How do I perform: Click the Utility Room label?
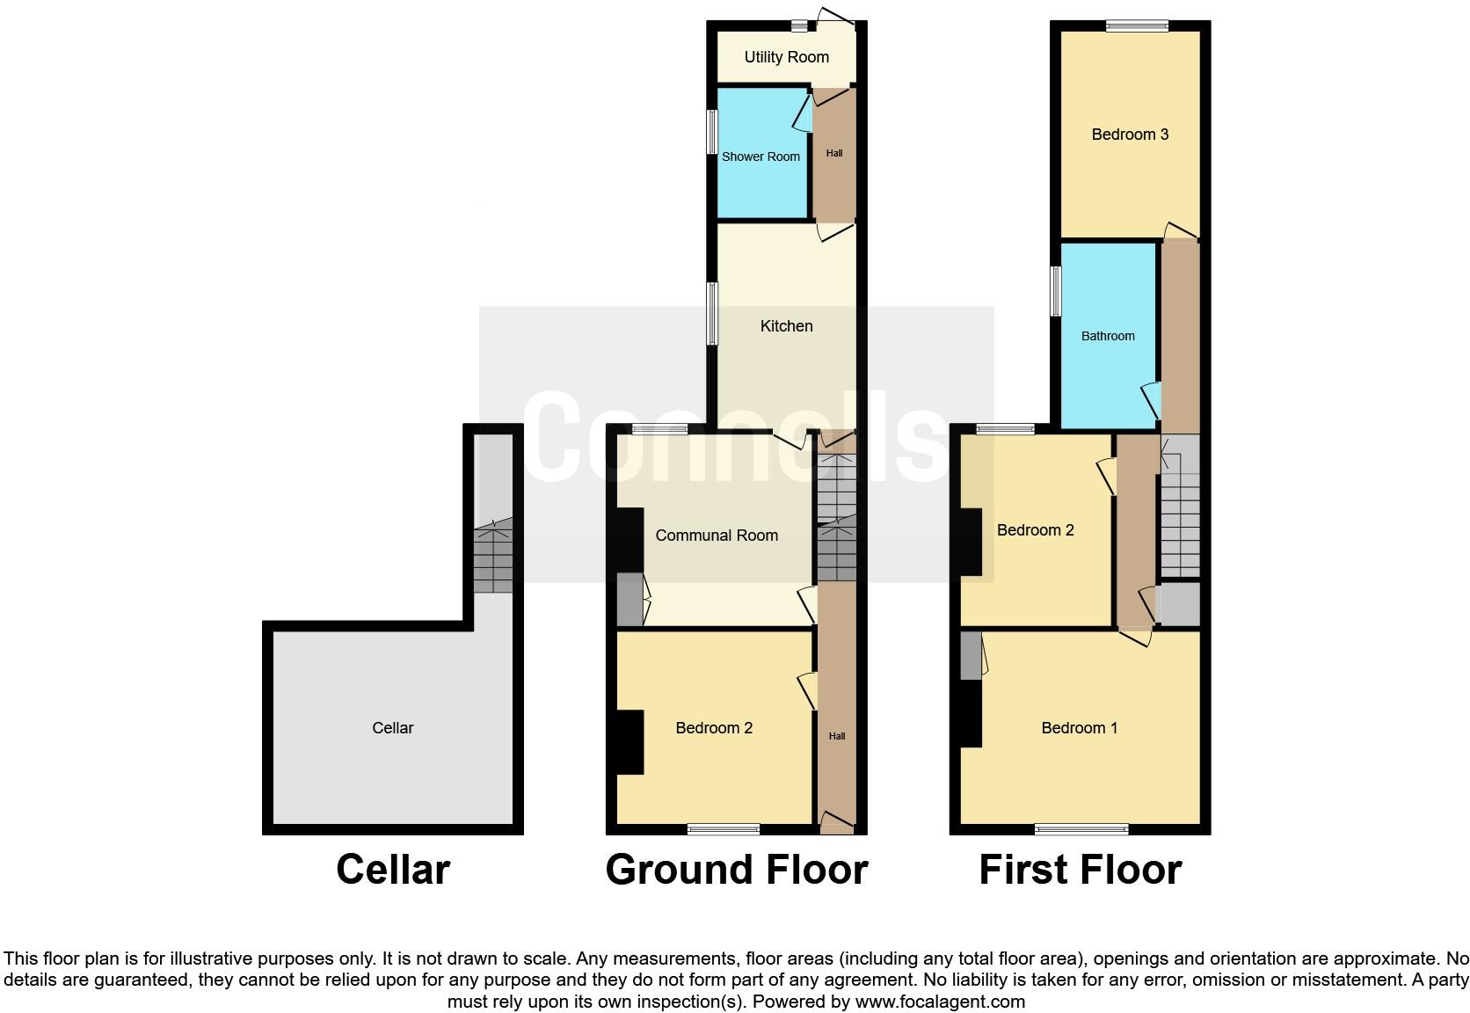click(x=786, y=57)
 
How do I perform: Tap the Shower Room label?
click(x=760, y=157)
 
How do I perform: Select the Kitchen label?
click(x=786, y=326)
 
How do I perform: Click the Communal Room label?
click(x=717, y=536)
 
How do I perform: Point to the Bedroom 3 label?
click(x=1130, y=135)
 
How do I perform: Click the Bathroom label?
click(x=1108, y=336)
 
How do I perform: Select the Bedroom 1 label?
click(x=1079, y=728)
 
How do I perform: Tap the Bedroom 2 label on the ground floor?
click(x=714, y=728)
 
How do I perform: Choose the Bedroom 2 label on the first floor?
click(x=1035, y=530)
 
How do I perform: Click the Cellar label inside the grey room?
click(x=392, y=728)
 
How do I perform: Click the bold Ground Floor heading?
click(x=737, y=870)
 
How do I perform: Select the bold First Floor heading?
click(x=1080, y=870)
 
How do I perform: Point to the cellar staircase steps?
click(x=493, y=559)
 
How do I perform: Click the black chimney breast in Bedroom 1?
click(x=971, y=713)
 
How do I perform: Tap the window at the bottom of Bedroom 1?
click(x=1081, y=828)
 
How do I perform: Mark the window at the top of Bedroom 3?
click(x=1137, y=26)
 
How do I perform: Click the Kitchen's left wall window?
click(x=713, y=313)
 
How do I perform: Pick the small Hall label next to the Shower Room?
click(x=834, y=153)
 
